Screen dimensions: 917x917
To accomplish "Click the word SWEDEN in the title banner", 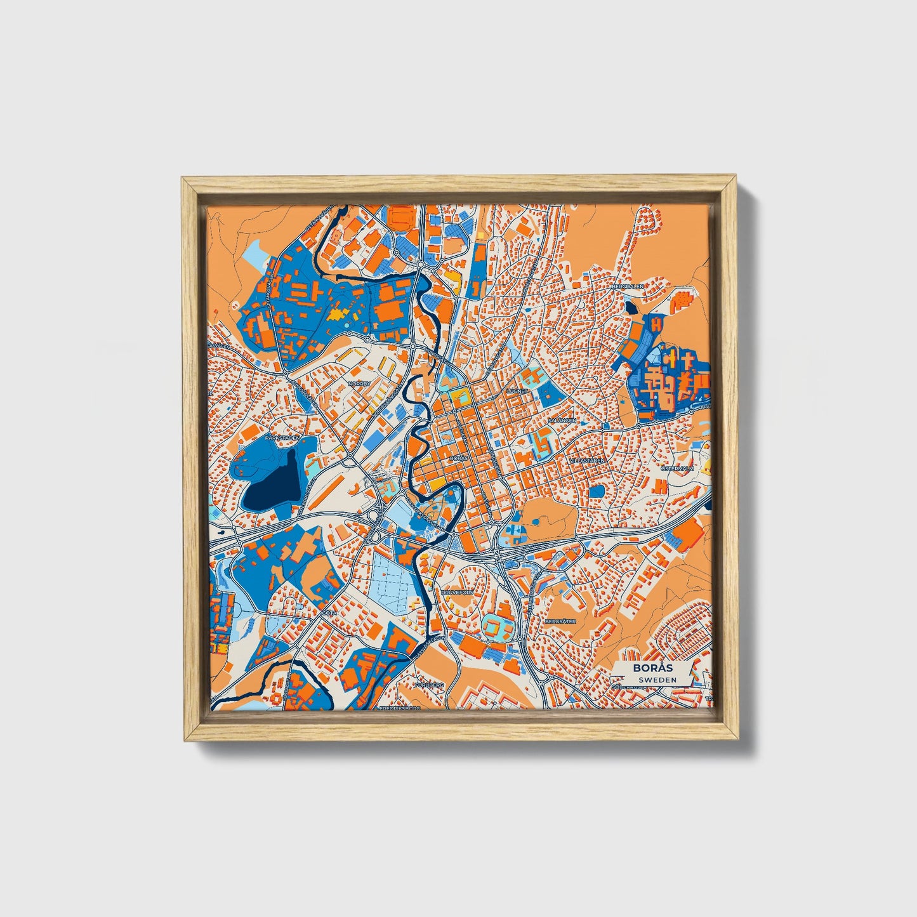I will pos(657,680).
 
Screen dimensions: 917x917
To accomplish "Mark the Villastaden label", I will pos(586,459).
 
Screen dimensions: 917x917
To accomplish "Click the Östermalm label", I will pos(678,468).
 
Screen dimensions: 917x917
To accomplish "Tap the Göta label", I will pos(329,614).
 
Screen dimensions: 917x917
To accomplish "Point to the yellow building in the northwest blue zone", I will pos(338,313).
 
